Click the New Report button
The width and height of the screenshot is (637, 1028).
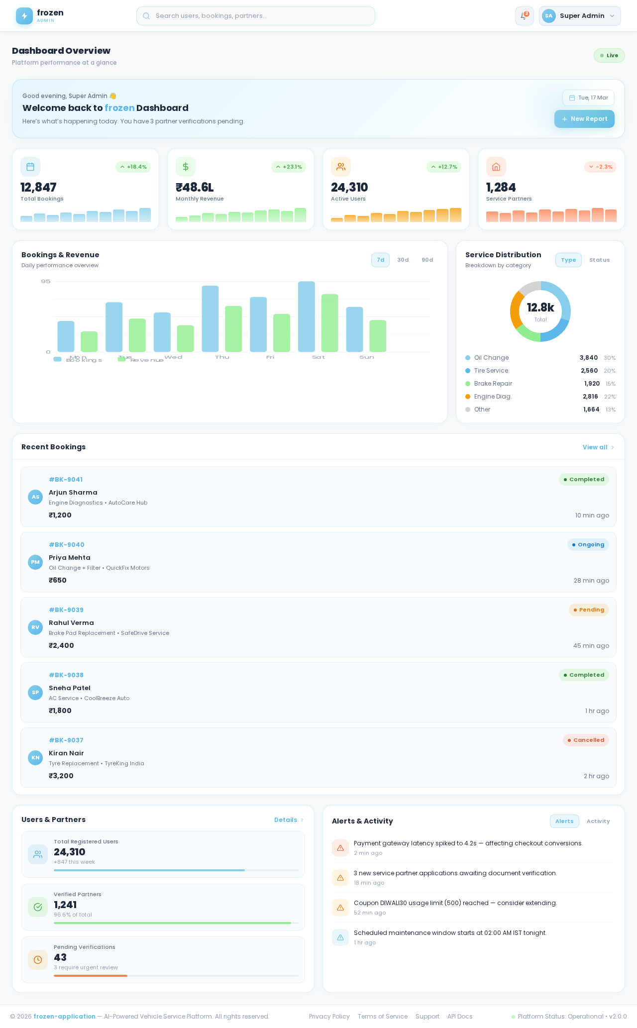point(584,119)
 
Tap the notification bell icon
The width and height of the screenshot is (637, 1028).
point(524,16)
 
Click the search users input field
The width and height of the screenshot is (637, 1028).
point(256,16)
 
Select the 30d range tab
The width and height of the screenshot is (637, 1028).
point(403,260)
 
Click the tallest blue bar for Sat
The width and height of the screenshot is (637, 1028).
point(307,316)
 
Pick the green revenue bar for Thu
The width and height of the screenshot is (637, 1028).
point(233,329)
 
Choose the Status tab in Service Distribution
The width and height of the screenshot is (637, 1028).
point(599,260)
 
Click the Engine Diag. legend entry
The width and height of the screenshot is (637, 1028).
point(493,397)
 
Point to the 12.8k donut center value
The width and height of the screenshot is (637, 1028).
point(540,308)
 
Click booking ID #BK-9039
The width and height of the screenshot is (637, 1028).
point(66,610)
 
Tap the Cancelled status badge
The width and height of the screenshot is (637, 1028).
point(586,740)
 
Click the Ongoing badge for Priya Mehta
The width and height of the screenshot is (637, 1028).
point(588,545)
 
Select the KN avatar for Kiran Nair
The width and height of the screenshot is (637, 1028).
point(35,758)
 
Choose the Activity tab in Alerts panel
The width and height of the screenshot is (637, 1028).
point(598,822)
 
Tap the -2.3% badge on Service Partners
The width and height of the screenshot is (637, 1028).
point(600,167)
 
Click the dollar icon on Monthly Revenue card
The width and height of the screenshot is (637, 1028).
point(186,167)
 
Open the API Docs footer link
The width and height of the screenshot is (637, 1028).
point(459,1017)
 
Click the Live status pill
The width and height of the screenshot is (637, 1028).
point(609,56)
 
